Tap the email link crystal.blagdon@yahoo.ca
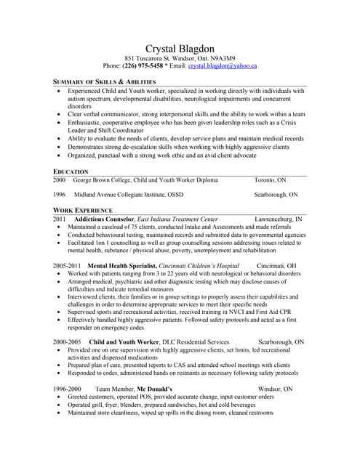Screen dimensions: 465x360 tap(223, 66)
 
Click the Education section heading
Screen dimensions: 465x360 tap(71, 171)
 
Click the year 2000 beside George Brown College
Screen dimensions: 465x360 tap(60, 179)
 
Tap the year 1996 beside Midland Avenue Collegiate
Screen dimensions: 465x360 tap(60, 195)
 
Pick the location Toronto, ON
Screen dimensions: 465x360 tap(270, 179)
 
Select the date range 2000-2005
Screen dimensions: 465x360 tap(67, 341)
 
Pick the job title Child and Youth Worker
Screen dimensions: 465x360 tap(124, 341)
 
